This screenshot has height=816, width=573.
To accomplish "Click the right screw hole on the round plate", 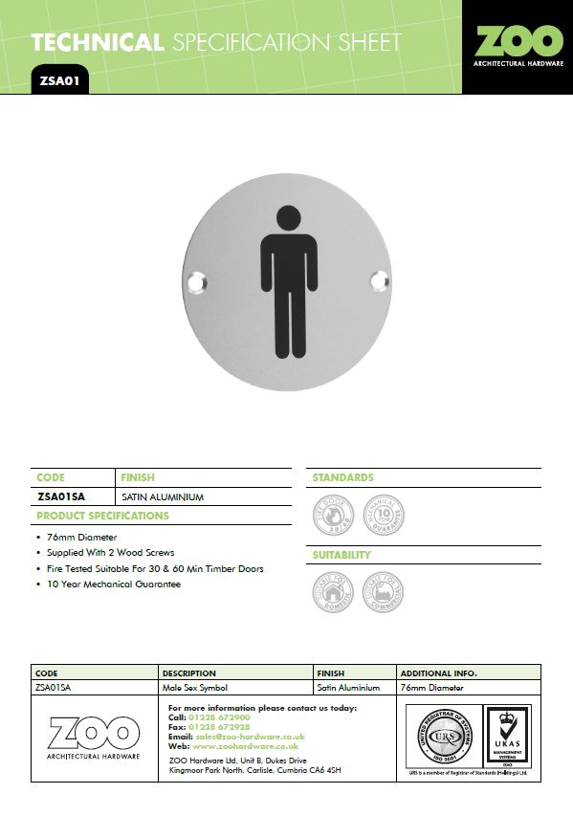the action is click(x=378, y=279).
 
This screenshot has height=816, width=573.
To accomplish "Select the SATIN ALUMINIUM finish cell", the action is click(x=163, y=497).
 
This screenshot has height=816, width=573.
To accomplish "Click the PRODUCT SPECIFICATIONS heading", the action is click(x=102, y=516).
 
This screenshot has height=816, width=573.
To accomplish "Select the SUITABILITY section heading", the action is click(x=342, y=555).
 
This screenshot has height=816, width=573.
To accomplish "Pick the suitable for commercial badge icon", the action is click(x=383, y=594).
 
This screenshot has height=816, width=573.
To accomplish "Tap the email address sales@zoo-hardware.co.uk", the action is click(x=249, y=737).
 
